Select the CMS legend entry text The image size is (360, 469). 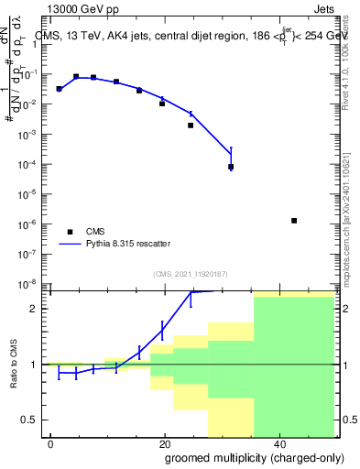point(95,232)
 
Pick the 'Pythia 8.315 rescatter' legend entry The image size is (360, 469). point(127,244)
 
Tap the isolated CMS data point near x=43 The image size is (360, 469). point(294,221)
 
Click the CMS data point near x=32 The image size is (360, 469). point(231,167)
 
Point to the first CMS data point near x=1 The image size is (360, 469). point(59,89)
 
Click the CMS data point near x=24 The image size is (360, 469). point(191,125)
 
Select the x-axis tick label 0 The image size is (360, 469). point(50,443)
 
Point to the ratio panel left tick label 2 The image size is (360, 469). point(36,309)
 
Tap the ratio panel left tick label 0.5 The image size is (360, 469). point(32,420)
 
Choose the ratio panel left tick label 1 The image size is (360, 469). point(36,365)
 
